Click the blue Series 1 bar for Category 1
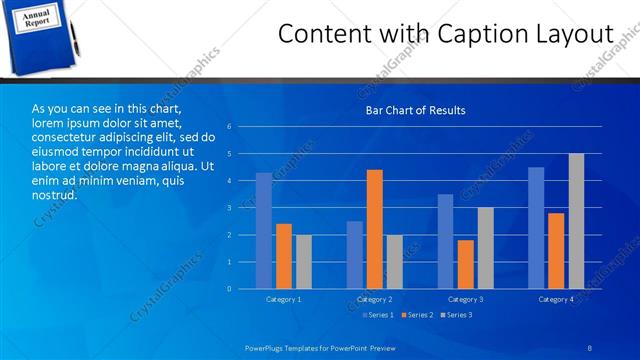pos(264,231)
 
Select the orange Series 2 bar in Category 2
pos(375,229)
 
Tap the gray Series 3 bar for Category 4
pos(576,221)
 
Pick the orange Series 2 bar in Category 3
pos(466,264)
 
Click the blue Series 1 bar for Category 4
pos(536,228)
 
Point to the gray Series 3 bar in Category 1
pos(303,262)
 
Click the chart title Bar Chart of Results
pos(415,110)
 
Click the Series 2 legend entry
pos(416,315)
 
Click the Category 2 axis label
pos(375,299)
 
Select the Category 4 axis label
pos(556,299)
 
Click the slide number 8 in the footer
pos(590,346)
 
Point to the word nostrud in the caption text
pos(55,194)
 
